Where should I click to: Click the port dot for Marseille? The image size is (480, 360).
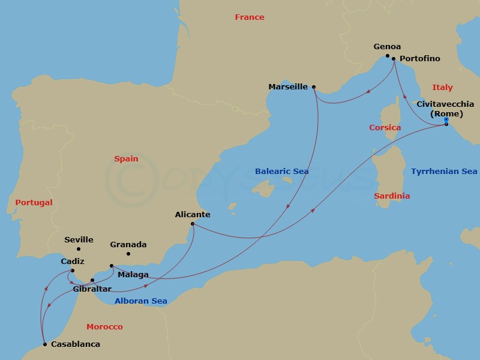click(314, 86)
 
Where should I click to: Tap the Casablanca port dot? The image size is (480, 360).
click(45, 344)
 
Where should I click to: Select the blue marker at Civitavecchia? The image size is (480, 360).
click(446, 119)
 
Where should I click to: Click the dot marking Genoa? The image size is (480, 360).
click(388, 56)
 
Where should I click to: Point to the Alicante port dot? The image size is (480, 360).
click(192, 224)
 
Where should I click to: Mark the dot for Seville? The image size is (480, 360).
click(78, 249)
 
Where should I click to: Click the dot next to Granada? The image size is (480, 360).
click(128, 254)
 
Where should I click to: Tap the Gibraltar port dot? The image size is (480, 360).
click(92, 280)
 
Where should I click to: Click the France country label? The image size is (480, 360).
click(249, 17)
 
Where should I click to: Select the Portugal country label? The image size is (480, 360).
click(34, 203)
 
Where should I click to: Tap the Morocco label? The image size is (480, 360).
click(104, 327)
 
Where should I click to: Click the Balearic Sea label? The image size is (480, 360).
click(281, 172)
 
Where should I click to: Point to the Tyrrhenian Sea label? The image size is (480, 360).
click(444, 172)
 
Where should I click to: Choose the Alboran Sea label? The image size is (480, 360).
click(140, 301)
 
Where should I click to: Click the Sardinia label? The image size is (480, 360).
click(392, 196)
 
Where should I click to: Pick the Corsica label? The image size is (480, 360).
click(385, 128)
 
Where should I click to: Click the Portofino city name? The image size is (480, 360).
click(419, 59)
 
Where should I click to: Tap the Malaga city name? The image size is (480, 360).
click(133, 275)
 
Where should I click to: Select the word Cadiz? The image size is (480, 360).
click(73, 262)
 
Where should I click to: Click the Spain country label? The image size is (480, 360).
click(126, 159)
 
